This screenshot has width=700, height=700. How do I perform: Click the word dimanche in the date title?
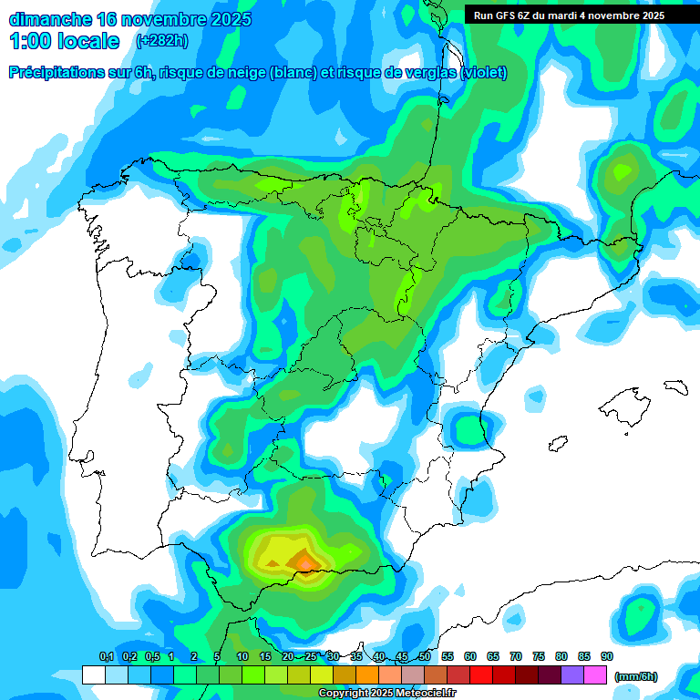click(x=49, y=19)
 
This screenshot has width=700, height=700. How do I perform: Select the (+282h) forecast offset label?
click(x=161, y=41)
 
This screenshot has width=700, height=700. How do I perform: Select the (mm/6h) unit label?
click(x=635, y=675)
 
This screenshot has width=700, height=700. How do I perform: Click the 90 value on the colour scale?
click(x=607, y=656)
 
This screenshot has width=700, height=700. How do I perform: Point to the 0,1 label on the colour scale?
click(x=106, y=656)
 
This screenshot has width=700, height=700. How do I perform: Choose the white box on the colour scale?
click(x=93, y=674)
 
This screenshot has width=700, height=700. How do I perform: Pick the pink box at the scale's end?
click(x=595, y=674)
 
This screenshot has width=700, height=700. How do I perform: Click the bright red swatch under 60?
click(x=481, y=674)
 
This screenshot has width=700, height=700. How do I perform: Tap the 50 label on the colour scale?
click(x=425, y=656)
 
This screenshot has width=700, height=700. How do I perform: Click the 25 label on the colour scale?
click(x=311, y=656)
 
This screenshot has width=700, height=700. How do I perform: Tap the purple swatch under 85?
click(x=572, y=674)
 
